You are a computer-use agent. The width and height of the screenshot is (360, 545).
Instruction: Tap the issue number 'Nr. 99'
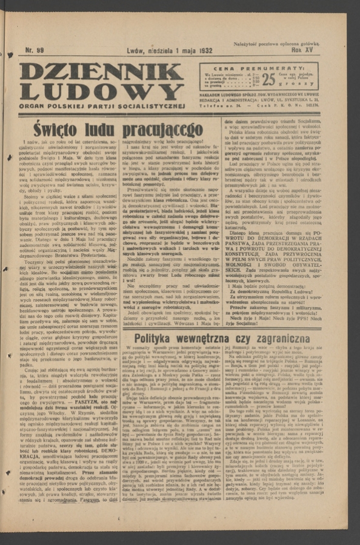pos(35,51)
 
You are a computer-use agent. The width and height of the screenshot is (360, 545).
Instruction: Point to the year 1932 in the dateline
pos(202,51)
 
